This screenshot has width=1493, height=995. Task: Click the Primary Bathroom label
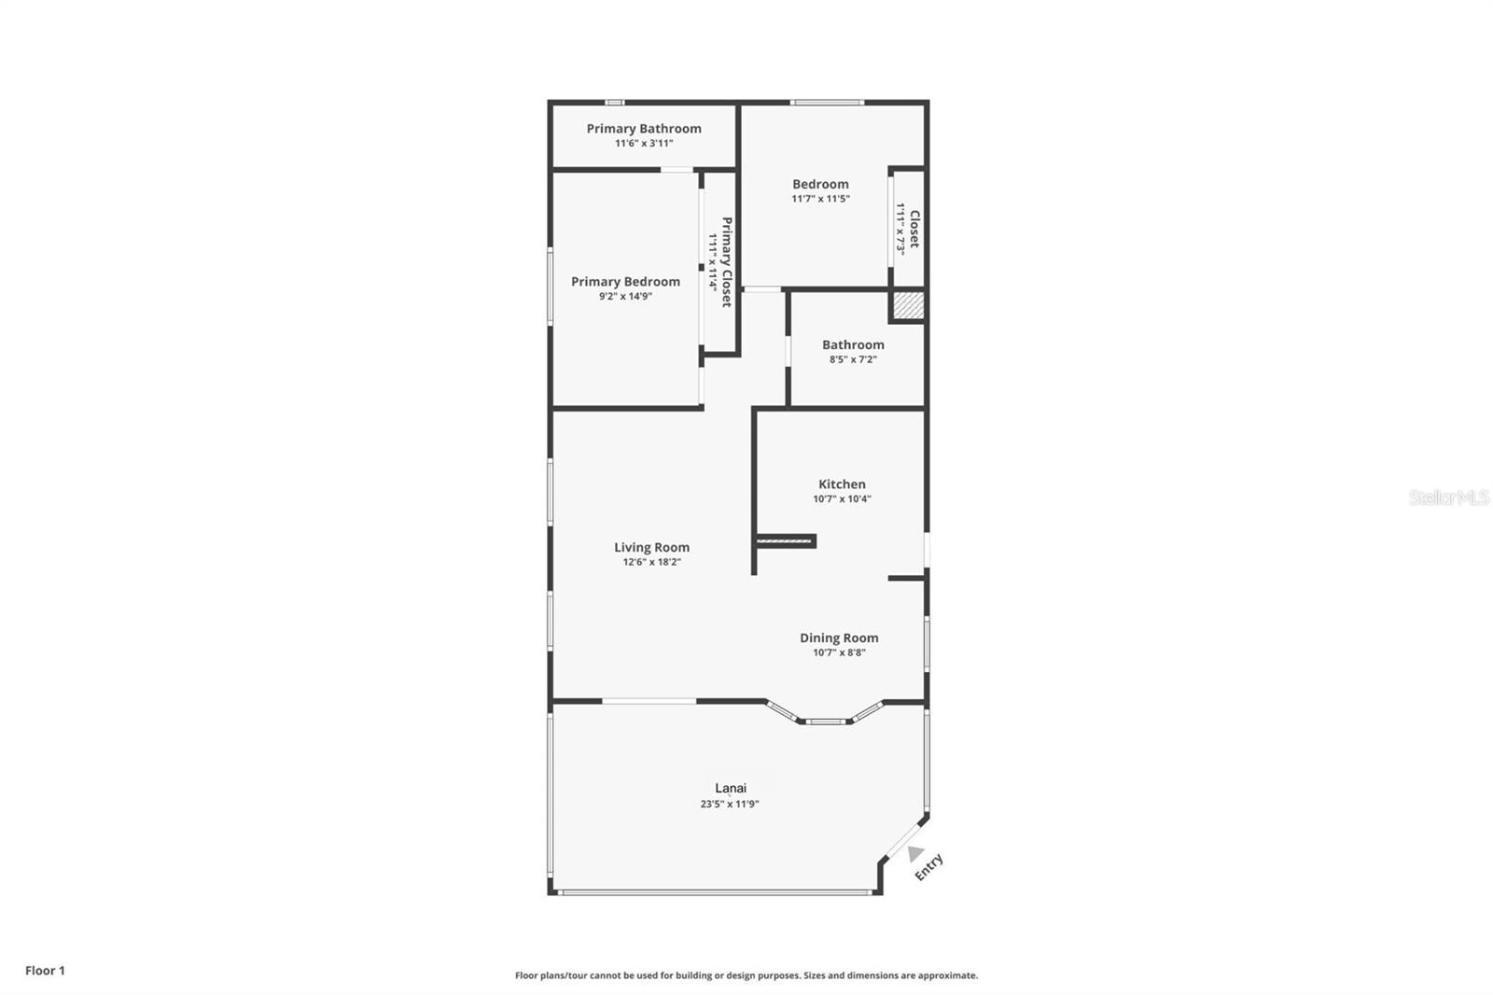tap(644, 129)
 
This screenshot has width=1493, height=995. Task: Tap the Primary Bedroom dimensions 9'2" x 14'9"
tap(625, 297)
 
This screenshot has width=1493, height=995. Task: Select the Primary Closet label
tap(726, 262)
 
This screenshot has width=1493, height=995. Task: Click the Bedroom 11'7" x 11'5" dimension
tap(820, 199)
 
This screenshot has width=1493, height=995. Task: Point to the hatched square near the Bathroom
tap(908, 305)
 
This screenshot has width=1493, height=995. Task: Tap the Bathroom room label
tap(853, 344)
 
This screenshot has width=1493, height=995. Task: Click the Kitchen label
tap(842, 483)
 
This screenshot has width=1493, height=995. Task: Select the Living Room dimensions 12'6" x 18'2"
tap(651, 562)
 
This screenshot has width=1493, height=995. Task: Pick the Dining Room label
tap(839, 638)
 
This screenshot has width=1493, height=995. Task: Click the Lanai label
tap(731, 788)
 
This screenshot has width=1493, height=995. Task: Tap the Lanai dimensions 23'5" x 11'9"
tap(730, 804)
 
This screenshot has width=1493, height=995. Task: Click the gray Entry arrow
tap(914, 853)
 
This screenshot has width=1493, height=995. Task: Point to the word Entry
tap(929, 867)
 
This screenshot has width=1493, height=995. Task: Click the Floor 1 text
tap(45, 971)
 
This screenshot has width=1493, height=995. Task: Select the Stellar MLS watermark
tap(1448, 497)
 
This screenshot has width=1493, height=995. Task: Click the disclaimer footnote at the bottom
tap(746, 975)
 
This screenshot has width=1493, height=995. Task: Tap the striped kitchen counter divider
tap(786, 540)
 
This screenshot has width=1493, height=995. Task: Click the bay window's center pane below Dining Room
tap(825, 721)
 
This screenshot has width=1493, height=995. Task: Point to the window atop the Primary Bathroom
tap(614, 102)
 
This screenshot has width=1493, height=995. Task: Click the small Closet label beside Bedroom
tap(914, 229)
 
